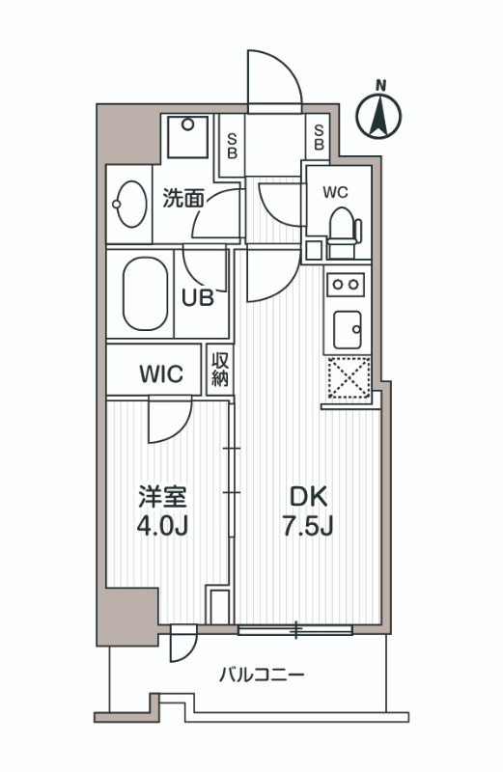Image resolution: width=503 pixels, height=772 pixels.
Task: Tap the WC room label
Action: point(335,191)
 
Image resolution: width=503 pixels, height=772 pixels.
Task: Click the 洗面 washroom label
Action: point(183,199)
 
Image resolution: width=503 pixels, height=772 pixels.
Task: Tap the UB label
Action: point(197,298)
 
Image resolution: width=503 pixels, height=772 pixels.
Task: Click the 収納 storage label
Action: point(221,369)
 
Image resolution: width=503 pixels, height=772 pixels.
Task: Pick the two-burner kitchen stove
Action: point(346,284)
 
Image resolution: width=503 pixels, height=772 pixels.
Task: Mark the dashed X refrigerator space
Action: point(348,377)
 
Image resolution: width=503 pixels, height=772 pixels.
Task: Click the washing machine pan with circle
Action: point(188,134)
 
